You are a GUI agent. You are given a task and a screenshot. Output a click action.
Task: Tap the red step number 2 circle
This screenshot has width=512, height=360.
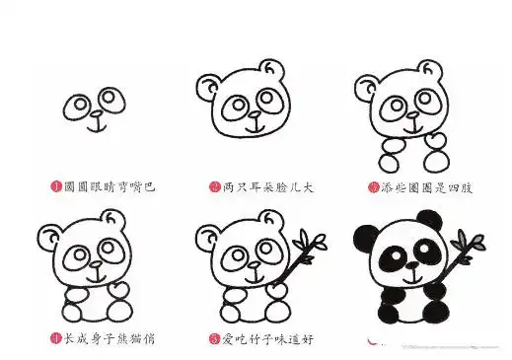tap(214, 185)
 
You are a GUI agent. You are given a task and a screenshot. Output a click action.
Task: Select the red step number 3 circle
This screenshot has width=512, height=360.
tap(373, 185)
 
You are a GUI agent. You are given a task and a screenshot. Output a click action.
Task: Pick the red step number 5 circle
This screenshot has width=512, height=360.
tap(214, 338)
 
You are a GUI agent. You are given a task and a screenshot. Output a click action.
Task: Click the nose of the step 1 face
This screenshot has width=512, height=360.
tap(95, 114)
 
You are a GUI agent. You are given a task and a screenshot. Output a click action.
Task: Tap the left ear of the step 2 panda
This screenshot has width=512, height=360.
tap(208, 88)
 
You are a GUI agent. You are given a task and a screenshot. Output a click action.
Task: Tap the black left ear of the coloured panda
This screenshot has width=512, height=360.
tap(363, 237)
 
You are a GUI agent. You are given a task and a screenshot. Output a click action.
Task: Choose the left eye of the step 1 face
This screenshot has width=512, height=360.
tap(78, 107)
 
